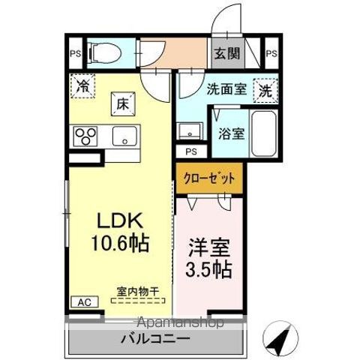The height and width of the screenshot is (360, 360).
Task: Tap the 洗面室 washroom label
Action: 226,89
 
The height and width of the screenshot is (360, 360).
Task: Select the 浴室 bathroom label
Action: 231,134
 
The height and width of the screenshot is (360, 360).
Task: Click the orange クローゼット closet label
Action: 209,178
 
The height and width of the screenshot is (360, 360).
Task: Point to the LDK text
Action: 118,221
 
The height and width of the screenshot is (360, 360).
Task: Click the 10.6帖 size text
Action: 119,244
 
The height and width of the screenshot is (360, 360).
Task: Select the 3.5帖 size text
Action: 209,268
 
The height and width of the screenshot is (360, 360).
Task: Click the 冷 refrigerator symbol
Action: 84,87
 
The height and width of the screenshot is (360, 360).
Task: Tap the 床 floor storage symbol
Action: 123,104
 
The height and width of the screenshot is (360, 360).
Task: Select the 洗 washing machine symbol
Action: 265,90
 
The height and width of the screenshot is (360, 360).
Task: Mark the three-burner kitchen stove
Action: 85,136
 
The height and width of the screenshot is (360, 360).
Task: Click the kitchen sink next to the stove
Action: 123,136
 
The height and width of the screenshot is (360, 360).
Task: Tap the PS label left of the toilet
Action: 74,53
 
